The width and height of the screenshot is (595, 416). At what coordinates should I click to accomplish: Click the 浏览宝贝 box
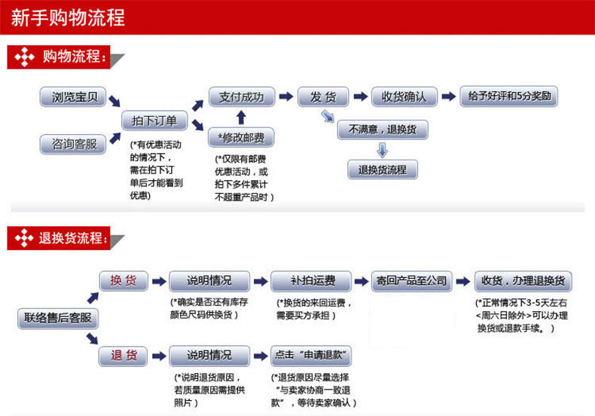click(73, 97)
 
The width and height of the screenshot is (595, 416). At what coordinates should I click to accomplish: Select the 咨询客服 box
click(73, 144)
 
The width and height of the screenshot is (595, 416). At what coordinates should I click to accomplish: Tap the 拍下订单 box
click(154, 121)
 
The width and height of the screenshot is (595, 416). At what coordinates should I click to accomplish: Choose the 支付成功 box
click(241, 97)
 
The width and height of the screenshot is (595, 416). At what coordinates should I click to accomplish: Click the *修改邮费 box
click(241, 137)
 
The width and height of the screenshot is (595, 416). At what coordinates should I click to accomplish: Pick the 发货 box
click(322, 97)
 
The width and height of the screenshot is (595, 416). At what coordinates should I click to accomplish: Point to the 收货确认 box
click(404, 97)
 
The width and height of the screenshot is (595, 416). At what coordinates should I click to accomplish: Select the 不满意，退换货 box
click(382, 130)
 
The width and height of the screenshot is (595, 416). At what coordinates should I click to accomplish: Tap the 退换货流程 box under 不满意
click(382, 170)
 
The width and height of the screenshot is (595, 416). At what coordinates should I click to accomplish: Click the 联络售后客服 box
click(57, 318)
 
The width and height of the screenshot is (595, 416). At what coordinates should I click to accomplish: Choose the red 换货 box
click(124, 281)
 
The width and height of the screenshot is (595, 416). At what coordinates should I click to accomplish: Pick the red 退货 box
click(124, 355)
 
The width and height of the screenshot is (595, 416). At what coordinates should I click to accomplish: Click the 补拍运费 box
click(312, 281)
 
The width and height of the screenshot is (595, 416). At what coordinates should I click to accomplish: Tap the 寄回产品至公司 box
click(411, 281)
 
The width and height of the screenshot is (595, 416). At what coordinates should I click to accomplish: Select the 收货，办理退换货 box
click(523, 281)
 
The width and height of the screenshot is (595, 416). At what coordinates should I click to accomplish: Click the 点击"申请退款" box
click(312, 355)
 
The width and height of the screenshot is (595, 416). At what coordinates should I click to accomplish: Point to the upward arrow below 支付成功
click(241, 117)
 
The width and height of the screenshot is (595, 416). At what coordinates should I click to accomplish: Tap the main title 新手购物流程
click(69, 17)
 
